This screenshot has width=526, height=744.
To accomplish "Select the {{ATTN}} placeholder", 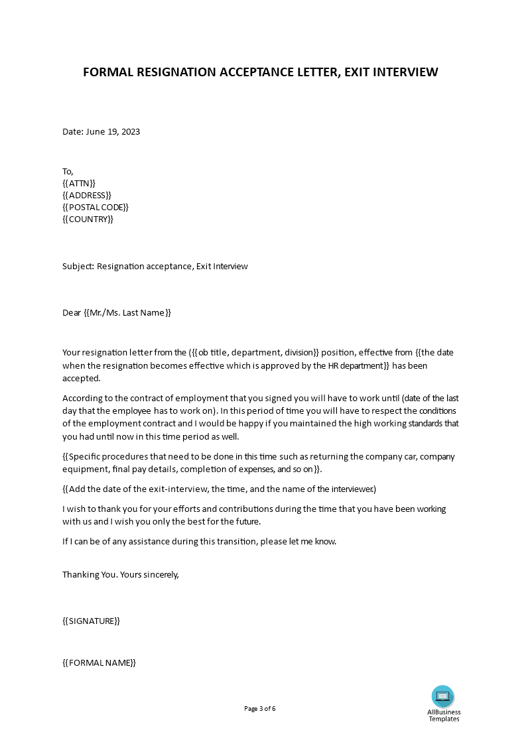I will coord(79,183).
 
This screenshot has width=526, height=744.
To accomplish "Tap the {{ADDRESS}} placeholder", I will coord(87,195).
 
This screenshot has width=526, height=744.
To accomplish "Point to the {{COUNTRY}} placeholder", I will coord(88,219).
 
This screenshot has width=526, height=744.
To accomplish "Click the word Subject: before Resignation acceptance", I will coord(78,267).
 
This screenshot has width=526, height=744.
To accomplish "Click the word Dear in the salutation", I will coord(72,312).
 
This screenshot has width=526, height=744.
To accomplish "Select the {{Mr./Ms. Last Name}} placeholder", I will coord(127,312).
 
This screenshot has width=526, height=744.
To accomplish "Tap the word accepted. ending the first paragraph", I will coord(82,378).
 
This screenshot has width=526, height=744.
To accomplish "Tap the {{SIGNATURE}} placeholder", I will coord(92,621).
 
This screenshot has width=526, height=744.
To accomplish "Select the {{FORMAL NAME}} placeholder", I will coord(99,662).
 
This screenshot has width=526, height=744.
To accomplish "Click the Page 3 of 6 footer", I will coord(260,708).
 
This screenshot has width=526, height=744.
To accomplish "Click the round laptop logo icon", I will coord(443,696).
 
